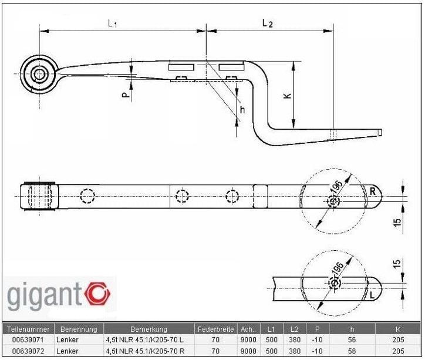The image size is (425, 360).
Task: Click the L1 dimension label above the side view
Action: click(x=113, y=23)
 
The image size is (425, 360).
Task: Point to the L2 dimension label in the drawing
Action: click(x=267, y=23)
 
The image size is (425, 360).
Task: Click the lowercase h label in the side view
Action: click(x=242, y=110)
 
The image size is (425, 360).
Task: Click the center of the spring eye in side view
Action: click(x=41, y=74)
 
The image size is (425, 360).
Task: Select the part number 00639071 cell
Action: click(x=28, y=339)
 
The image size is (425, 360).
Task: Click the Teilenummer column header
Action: click(x=28, y=329)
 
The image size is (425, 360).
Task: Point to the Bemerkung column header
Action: click(x=150, y=329)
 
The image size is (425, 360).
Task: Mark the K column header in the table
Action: click(x=399, y=329)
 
